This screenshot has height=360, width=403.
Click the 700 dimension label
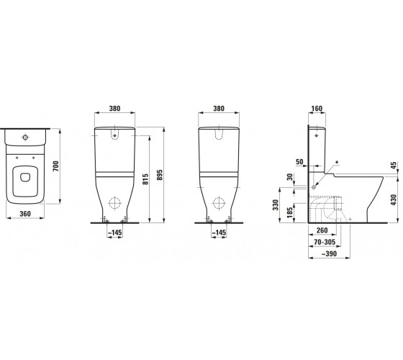[x=56, y=166]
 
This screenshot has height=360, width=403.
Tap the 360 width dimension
[x=25, y=213]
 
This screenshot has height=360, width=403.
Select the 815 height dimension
[x=145, y=179]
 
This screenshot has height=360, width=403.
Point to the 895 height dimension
[x=160, y=174]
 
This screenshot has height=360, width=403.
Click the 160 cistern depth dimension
[x=317, y=109]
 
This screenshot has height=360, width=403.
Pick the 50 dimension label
[x=299, y=162]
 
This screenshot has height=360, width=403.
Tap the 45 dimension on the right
[x=394, y=166]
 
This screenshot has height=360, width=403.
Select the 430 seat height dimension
[x=394, y=199]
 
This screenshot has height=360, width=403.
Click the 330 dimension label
[x=276, y=204]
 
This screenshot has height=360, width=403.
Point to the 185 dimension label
[x=290, y=212]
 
